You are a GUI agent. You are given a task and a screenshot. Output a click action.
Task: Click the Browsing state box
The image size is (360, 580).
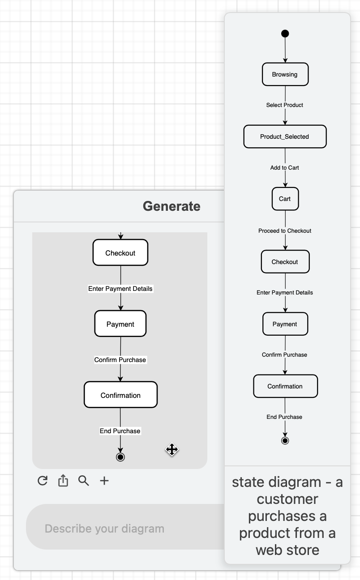(285, 74)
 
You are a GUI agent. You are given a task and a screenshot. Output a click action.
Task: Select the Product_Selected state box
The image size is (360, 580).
(285, 136)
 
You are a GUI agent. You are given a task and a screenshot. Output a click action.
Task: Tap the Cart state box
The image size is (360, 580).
(285, 199)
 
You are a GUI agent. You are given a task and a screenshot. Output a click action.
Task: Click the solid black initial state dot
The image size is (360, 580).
(285, 34)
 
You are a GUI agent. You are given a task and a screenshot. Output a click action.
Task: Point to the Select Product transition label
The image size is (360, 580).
(285, 105)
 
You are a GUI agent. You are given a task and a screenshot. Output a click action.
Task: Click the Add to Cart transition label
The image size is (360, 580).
(285, 168)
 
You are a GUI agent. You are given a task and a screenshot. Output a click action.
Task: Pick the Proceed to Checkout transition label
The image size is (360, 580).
(285, 231)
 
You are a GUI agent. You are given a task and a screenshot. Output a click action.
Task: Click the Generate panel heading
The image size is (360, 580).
(171, 206)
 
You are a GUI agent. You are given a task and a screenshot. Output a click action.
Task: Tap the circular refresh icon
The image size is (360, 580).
(43, 481)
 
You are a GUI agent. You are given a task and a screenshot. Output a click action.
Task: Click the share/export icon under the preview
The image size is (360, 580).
(63, 481)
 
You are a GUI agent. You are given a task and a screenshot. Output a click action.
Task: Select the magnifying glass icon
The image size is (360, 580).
(84, 481)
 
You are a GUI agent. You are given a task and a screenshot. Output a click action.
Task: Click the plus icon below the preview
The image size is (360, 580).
(104, 481)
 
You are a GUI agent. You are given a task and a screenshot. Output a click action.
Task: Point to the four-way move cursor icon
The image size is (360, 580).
(172, 449)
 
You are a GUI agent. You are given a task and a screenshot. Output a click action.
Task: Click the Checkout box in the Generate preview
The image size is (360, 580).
(120, 253)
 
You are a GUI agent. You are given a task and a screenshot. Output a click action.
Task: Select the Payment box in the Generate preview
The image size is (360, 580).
(120, 324)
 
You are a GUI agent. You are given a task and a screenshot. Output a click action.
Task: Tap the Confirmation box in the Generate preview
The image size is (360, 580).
(120, 395)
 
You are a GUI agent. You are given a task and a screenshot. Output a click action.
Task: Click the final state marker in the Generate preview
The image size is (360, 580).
(120, 457)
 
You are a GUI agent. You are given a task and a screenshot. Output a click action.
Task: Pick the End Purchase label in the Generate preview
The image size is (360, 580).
(120, 431)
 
